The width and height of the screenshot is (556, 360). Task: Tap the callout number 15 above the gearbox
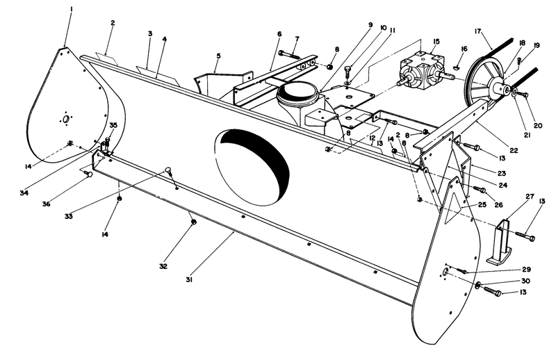[x=436, y=42]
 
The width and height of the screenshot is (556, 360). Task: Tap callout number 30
[x=525, y=281]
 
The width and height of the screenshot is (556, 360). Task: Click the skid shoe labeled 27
[x=502, y=244]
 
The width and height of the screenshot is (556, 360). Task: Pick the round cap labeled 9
[x=297, y=90]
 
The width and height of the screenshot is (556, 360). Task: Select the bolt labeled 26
[x=479, y=189]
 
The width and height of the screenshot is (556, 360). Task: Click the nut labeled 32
[x=193, y=222]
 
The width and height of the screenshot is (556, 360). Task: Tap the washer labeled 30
[x=479, y=285]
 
